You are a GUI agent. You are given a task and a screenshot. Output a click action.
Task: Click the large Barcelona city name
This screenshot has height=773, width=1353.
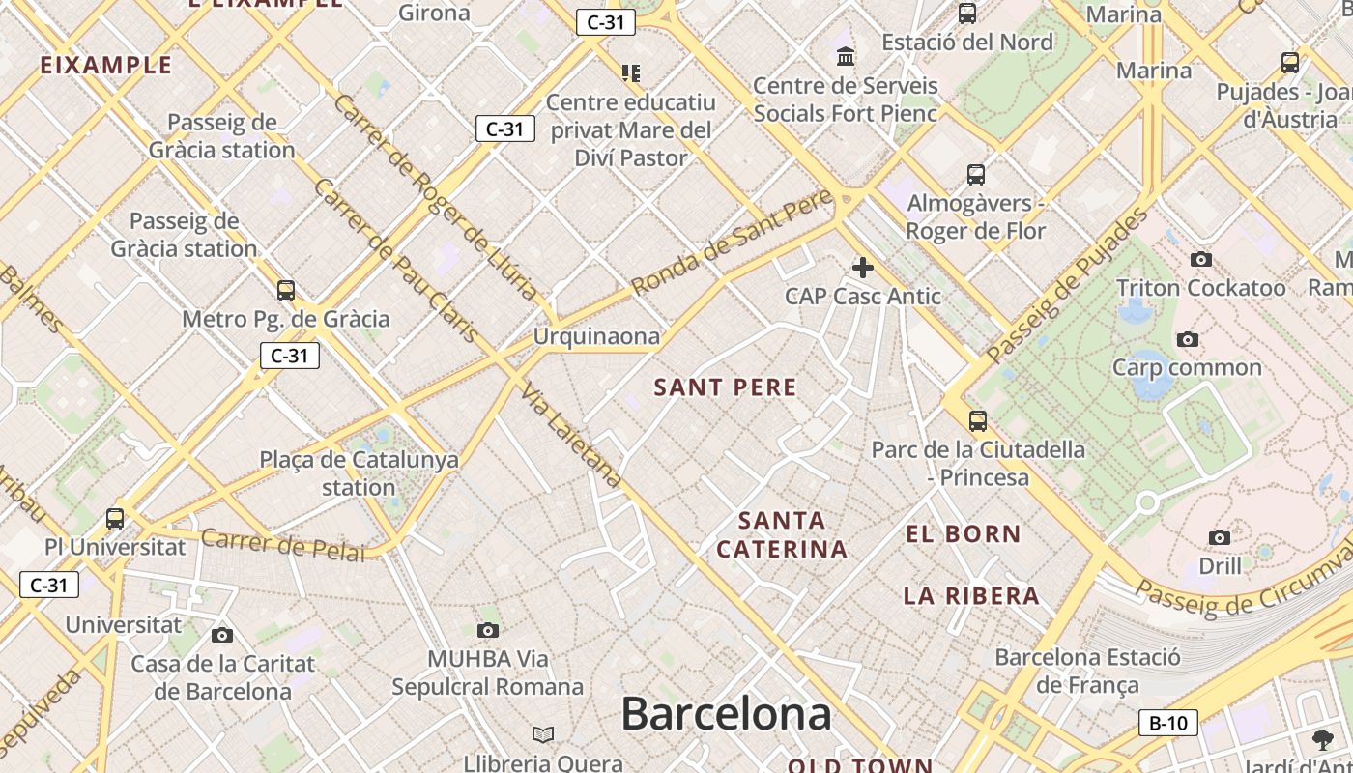pyautogui.click(x=726, y=714)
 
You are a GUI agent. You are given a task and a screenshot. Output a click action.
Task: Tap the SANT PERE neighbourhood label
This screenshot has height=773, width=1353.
pyautogui.click(x=726, y=387)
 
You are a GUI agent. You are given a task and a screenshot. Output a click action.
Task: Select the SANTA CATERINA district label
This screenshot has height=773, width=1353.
pyautogui.click(x=782, y=534)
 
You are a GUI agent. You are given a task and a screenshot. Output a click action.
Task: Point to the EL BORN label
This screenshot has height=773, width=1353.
pyautogui.click(x=964, y=533)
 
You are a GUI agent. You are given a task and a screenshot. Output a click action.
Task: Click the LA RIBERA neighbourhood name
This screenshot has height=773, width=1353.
pyautogui.click(x=972, y=596)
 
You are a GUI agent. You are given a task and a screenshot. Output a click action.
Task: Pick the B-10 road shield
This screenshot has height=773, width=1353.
pyautogui.click(x=1168, y=723)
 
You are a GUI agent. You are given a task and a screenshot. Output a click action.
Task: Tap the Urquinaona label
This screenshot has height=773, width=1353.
pyautogui.click(x=597, y=336)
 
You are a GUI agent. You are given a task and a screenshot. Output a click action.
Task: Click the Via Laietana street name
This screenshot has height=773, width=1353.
pyautogui.click(x=571, y=436)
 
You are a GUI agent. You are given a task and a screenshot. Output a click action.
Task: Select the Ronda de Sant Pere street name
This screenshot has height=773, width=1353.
pyautogui.click(x=732, y=243)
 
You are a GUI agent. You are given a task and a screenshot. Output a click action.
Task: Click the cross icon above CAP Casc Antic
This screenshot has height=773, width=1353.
pyautogui.click(x=863, y=268)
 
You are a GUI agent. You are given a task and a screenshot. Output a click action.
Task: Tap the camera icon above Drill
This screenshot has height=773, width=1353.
pyautogui.click(x=1220, y=537)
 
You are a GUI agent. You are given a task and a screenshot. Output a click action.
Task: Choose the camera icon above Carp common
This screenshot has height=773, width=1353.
pyautogui.click(x=1188, y=339)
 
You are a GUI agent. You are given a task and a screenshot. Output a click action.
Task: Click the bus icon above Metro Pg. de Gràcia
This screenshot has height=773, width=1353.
pyautogui.click(x=286, y=290)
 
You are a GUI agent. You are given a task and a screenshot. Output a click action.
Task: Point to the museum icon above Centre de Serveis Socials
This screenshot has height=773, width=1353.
pyautogui.click(x=846, y=56)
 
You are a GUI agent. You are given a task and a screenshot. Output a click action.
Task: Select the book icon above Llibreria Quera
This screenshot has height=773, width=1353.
pyautogui.click(x=544, y=735)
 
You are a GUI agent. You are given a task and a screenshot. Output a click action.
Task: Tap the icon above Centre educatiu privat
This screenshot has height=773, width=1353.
pyautogui.click(x=631, y=72)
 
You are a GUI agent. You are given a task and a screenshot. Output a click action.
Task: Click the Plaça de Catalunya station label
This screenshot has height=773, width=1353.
pyautogui.click(x=359, y=473)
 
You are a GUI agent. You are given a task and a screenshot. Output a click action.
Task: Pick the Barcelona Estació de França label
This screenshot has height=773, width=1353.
pyautogui.click(x=1087, y=672)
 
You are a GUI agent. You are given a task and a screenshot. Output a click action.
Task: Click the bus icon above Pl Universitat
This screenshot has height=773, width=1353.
pyautogui.click(x=115, y=518)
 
